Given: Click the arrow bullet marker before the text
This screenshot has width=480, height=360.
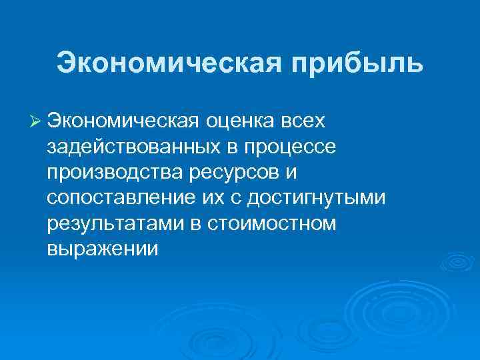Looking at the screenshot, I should point(36,122).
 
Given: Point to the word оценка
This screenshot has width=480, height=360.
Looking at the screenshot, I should point(235,122).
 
